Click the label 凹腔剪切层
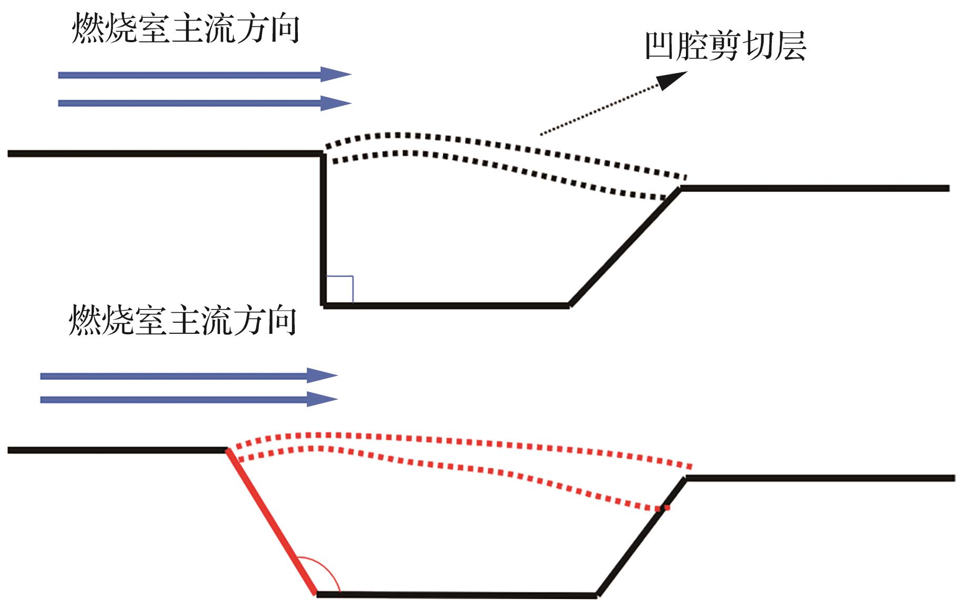pos(725,46)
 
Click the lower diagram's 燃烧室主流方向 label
pos(182,320)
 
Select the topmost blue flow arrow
pos(205,75)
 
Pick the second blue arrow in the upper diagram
pos(205,103)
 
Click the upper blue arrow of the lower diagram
pos(189,376)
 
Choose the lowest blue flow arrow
pos(189,400)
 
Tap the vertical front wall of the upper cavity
pos(323,229)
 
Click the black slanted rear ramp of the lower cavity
pos(641,537)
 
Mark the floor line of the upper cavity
pos(446,305)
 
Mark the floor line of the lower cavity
pos(457,595)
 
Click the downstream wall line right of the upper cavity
pos(815,188)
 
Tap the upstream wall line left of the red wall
pos(117,450)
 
